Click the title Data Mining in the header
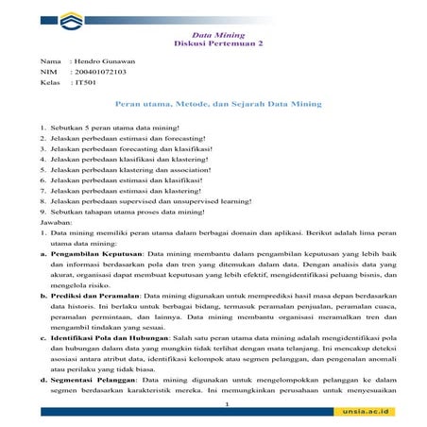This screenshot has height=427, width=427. pyautogui.click(x=213, y=35)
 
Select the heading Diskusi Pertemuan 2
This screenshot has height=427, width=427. pyautogui.click(x=213, y=43)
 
